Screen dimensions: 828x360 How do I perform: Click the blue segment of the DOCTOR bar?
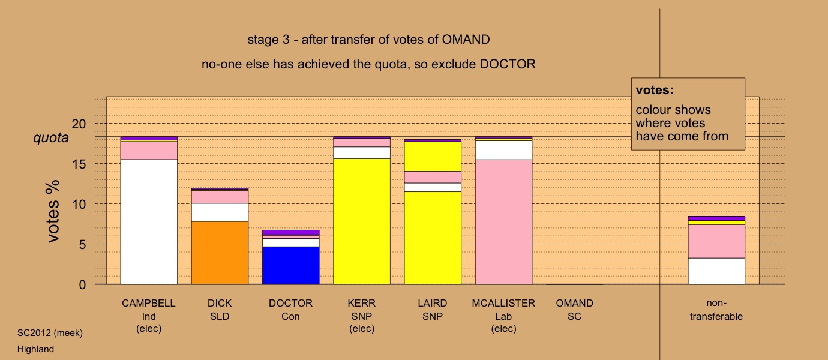click(290, 265)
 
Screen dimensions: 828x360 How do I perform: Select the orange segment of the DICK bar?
click(220, 253)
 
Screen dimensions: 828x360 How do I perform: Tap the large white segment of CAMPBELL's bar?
click(149, 222)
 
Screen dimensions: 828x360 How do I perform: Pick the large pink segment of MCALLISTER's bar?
click(503, 222)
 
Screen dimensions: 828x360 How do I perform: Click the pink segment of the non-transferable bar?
click(716, 241)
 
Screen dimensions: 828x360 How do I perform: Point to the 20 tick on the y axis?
click(79, 124)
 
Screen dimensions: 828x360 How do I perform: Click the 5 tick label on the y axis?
click(82, 244)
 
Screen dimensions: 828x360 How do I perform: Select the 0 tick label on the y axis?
click(82, 284)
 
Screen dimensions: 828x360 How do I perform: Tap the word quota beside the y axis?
click(51, 138)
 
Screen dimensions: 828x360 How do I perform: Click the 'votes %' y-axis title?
click(53, 211)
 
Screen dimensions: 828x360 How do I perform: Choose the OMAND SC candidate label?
click(574, 310)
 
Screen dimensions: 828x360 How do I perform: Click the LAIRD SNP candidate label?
click(433, 310)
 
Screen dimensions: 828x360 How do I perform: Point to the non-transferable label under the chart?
click(716, 310)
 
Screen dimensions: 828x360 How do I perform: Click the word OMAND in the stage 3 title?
click(466, 40)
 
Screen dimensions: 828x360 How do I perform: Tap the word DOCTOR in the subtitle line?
click(508, 64)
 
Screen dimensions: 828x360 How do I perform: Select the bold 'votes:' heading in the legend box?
click(655, 90)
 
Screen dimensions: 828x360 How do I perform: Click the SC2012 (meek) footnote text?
click(50, 333)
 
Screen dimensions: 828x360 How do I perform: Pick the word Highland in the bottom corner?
click(35, 349)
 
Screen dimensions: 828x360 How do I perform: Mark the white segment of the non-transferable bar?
click(716, 271)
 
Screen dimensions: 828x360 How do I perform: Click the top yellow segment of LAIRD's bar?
click(433, 157)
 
